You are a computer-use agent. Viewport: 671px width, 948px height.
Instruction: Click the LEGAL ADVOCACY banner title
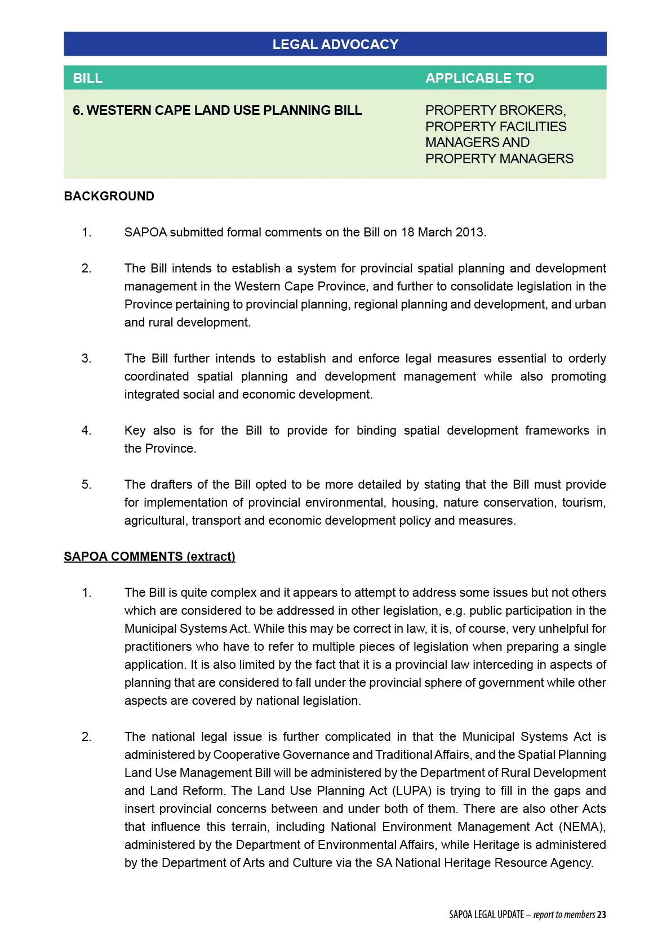[x=335, y=44]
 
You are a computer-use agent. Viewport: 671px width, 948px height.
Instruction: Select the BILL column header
[x=88, y=78]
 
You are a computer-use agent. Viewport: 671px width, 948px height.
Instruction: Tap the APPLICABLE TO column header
[x=479, y=78]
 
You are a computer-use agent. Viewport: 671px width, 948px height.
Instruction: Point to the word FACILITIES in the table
[x=532, y=127]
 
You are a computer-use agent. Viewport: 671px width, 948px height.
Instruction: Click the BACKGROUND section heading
[x=109, y=196]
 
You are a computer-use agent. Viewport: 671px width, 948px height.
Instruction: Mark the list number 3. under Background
[x=86, y=359]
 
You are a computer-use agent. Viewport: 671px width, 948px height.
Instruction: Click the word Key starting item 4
[x=135, y=431]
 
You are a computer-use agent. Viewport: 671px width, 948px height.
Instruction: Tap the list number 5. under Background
[x=86, y=485]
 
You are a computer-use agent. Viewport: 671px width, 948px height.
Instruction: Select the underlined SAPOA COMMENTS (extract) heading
[x=149, y=557]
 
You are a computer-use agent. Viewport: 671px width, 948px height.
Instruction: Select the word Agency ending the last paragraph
[x=570, y=863]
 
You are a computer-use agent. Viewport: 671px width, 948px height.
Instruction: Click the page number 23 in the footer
[x=602, y=915]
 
